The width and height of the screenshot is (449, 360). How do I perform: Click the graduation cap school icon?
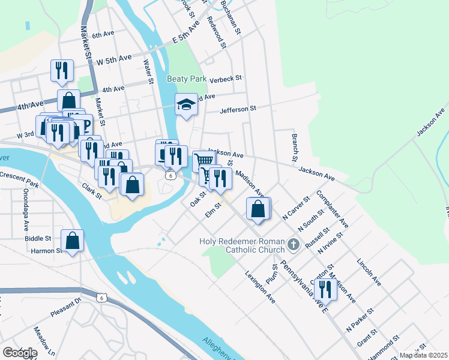click(x=186, y=105)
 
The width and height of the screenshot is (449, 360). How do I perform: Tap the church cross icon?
click(x=293, y=244)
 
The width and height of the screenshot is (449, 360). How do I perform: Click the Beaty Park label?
click(x=187, y=79)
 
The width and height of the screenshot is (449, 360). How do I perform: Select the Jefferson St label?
click(x=238, y=109)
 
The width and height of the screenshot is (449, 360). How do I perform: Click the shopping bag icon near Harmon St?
click(x=72, y=241)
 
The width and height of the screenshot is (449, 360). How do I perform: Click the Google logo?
click(x=19, y=352)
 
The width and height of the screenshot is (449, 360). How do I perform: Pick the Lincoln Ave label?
click(x=369, y=271)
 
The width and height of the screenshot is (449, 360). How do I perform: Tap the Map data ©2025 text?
click(x=423, y=355)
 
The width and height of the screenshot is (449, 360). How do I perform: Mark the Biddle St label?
click(x=38, y=238)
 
